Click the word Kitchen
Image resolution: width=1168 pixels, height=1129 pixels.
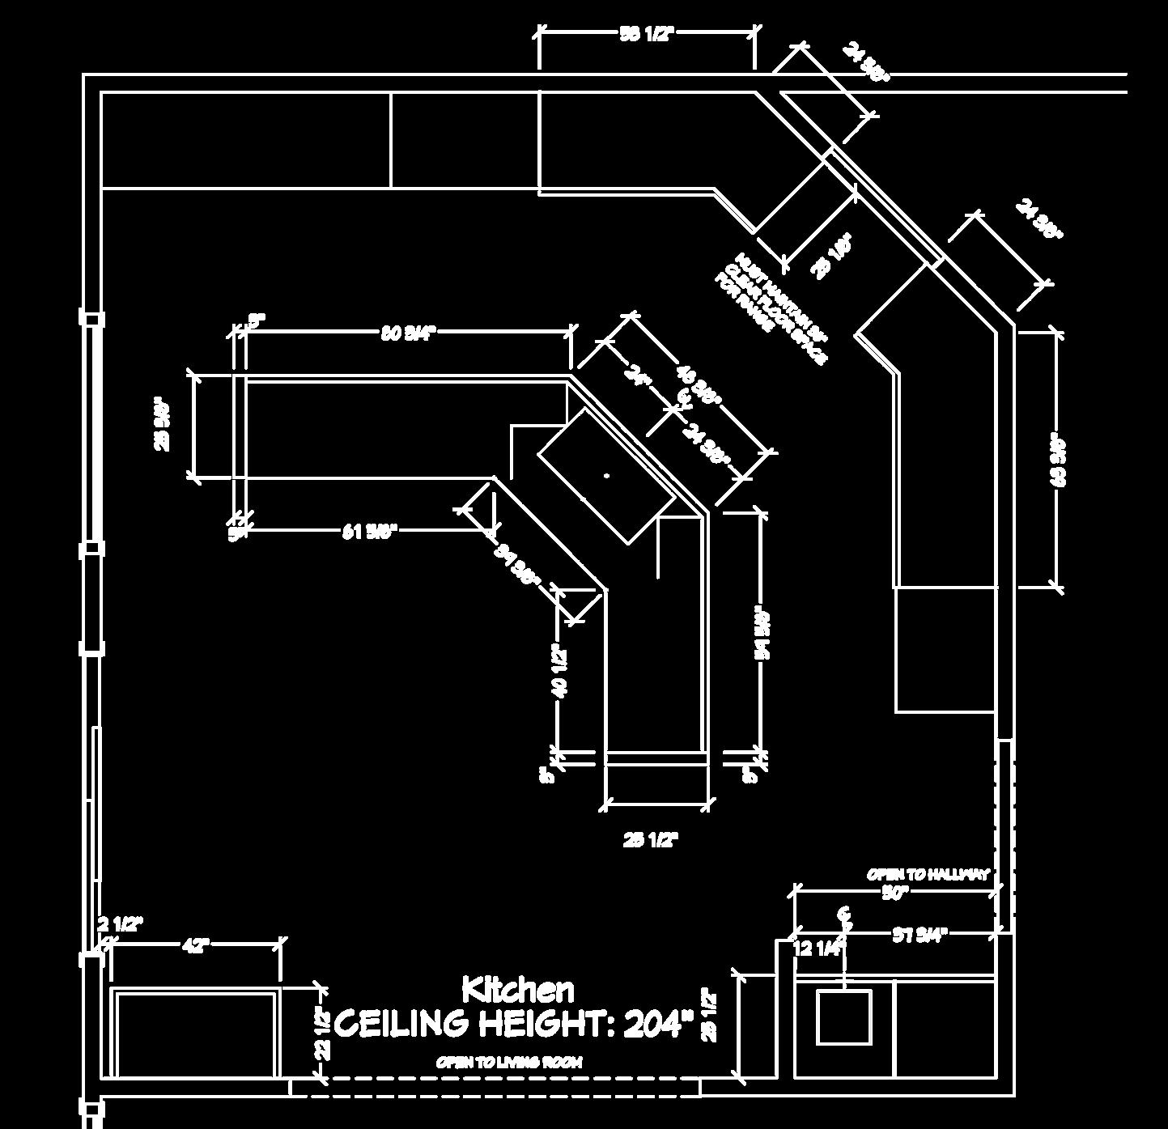(518, 989)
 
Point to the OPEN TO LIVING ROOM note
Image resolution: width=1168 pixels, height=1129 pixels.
(509, 1062)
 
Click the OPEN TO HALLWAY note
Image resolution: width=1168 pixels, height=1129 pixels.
(928, 875)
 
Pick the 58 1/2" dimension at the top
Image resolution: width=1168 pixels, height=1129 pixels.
(647, 33)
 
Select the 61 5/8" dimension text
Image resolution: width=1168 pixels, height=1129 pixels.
(369, 532)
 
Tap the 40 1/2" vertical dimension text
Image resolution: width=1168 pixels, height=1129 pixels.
(559, 668)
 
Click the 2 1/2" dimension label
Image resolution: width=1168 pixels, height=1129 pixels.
(120, 923)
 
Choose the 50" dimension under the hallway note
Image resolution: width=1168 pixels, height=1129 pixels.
(896, 893)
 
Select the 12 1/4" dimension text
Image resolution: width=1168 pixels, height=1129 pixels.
(819, 948)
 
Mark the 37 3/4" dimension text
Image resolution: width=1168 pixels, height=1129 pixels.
(920, 936)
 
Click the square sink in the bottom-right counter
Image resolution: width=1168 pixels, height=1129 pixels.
(843, 1017)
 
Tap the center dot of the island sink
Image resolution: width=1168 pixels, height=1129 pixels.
(607, 476)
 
